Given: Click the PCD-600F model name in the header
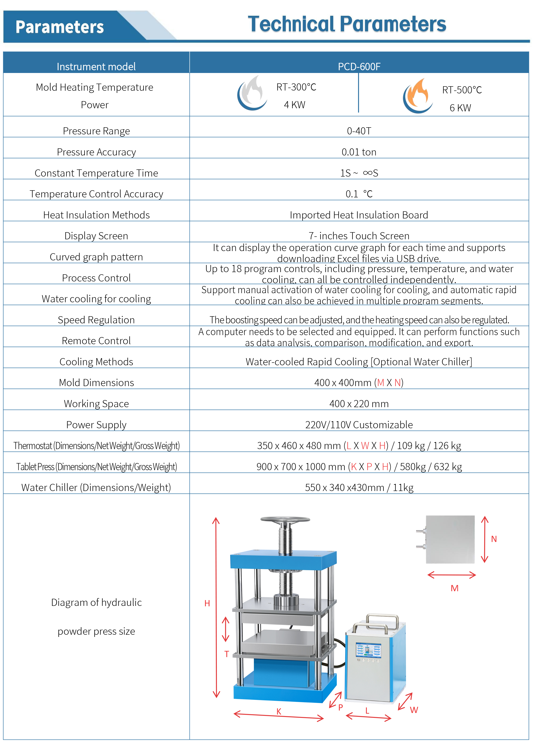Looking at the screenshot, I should [359, 67].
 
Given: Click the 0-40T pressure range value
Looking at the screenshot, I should [359, 131].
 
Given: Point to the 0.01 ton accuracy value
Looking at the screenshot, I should [359, 152].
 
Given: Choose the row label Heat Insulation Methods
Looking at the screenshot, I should [96, 215].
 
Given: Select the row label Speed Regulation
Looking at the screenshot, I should [96, 320].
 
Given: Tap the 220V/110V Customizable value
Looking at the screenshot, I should [359, 425].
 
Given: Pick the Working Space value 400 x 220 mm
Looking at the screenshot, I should [359, 404].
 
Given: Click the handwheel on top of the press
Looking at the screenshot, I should [285, 520].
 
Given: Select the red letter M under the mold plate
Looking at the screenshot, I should [455, 588].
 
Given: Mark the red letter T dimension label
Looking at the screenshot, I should [227, 654].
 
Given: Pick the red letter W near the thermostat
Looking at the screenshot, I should [414, 710].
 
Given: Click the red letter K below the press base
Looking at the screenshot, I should [279, 711].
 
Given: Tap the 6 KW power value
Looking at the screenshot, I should [460, 108].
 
